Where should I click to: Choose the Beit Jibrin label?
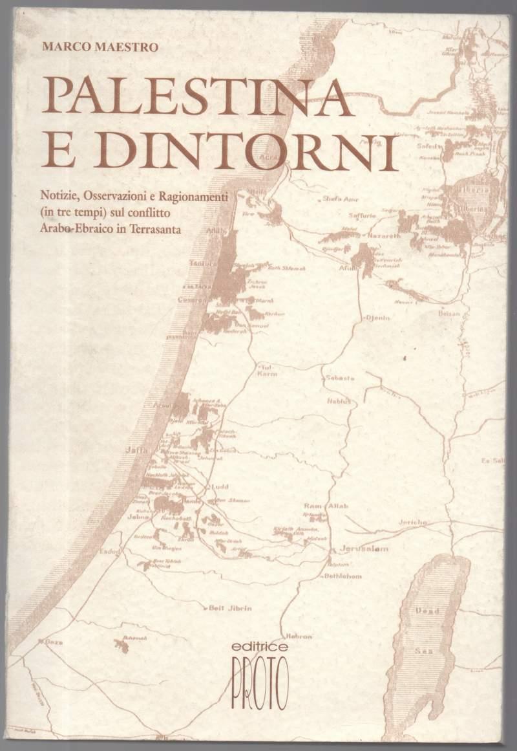[230, 607]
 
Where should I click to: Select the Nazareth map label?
[384, 236]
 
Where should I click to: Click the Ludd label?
[220, 486]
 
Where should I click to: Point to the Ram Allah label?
[326, 505]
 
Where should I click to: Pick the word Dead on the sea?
[427, 610]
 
